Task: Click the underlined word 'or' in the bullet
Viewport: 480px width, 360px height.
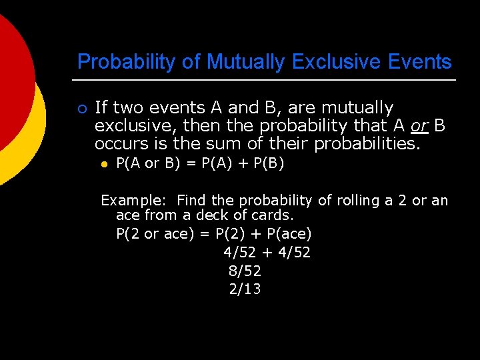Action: point(419,125)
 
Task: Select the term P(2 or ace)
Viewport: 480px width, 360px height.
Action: point(153,235)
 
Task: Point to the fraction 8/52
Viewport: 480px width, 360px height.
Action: point(245,271)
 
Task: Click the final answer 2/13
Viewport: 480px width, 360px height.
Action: point(245,289)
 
